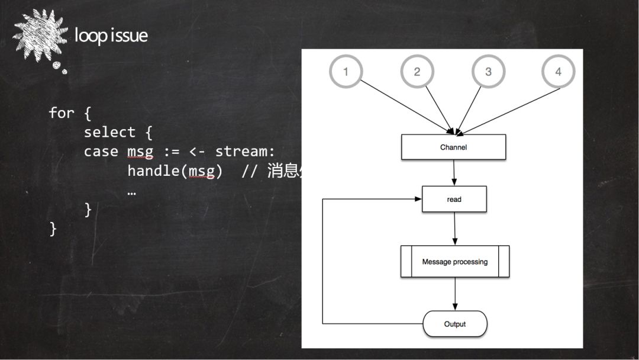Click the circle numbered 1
click(346, 72)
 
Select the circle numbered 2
click(417, 72)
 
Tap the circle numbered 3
click(488, 72)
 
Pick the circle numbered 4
click(558, 72)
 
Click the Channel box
click(453, 147)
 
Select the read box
click(454, 200)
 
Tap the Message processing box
click(454, 262)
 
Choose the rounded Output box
click(454, 324)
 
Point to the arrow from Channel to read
click(454, 173)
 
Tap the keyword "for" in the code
click(62, 112)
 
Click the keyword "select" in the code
click(109, 131)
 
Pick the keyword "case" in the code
click(101, 151)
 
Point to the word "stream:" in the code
click(245, 151)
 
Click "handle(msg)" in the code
click(175, 171)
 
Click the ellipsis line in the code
click(131, 191)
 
